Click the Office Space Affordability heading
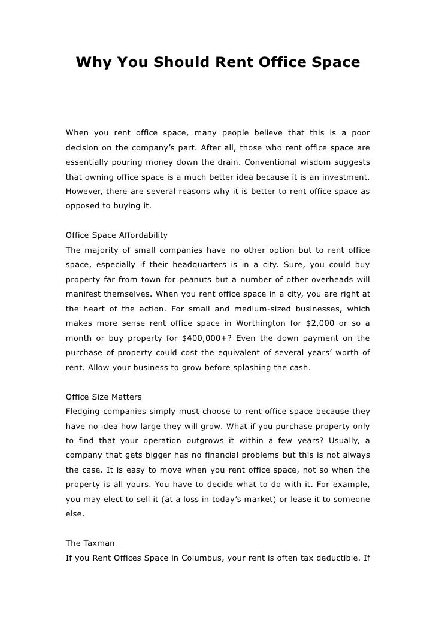116,234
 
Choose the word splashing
253,367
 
